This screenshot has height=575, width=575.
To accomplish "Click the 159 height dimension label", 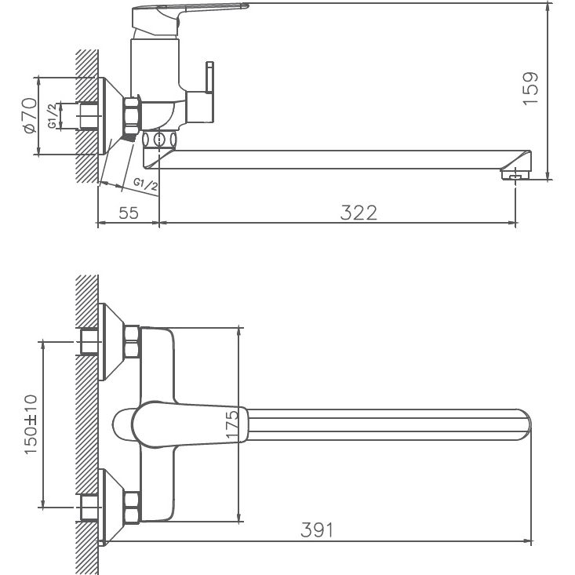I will (x=531, y=88).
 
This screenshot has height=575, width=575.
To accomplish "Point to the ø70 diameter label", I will (x=29, y=115).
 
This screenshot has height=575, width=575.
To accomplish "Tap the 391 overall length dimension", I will (x=317, y=530).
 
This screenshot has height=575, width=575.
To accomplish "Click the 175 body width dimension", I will (x=232, y=424).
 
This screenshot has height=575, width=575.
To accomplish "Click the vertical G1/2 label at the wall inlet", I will (x=52, y=115).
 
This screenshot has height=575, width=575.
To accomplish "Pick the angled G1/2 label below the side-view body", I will (x=145, y=184).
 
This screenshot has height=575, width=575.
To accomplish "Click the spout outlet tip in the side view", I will (x=515, y=173).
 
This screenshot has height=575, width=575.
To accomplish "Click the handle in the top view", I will (x=180, y=424).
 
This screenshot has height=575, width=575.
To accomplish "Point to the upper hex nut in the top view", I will (x=130, y=343).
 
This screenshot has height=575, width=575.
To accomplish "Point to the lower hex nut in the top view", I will (x=130, y=506).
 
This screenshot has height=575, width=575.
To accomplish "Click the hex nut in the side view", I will (x=131, y=115).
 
